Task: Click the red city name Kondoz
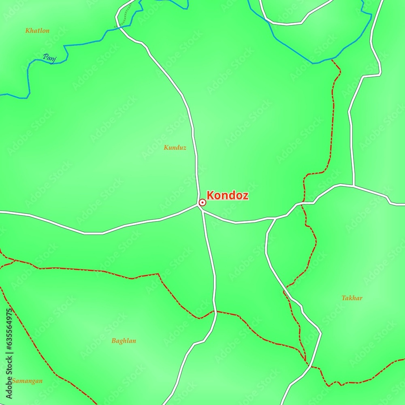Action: coord(228,196)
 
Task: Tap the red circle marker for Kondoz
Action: coord(202,202)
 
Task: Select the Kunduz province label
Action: coord(175,148)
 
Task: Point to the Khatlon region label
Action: coord(37,30)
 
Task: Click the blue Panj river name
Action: coord(50,59)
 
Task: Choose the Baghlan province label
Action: coord(124,341)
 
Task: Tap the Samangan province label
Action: coord(27,381)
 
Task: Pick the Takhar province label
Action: coord(352,298)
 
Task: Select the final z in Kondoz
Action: coord(245,196)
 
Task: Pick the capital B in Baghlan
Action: coord(114,341)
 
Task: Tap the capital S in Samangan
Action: coord(14,381)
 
